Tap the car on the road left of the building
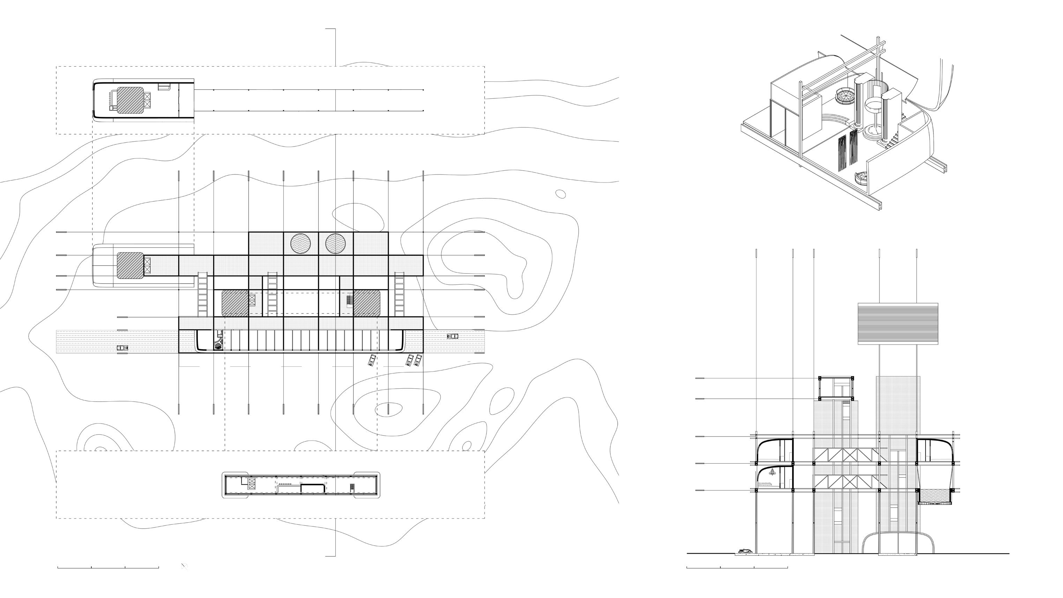[122, 348]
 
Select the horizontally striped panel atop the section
[898, 324]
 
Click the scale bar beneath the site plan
[108, 568]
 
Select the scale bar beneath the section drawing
[737, 568]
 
